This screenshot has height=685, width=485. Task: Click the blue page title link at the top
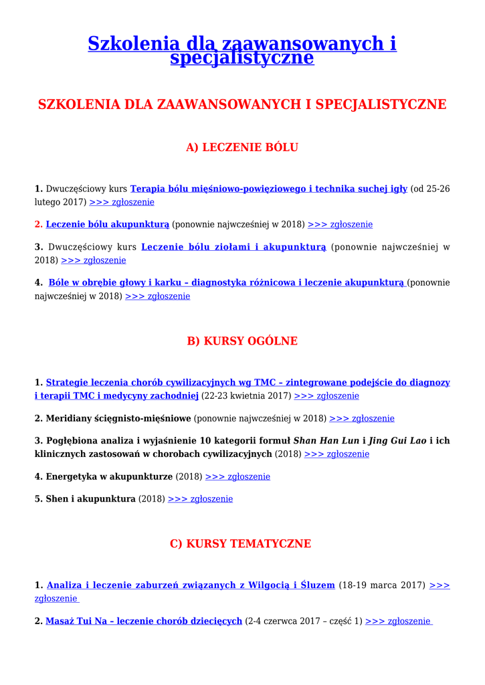242,50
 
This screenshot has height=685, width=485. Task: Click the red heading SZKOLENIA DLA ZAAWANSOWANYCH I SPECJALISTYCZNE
242,104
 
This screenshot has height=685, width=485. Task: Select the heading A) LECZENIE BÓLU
242,147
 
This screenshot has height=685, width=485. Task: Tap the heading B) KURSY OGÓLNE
242,341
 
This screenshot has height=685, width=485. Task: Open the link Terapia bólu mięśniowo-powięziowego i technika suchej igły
269,189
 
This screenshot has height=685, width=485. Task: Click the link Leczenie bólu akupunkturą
108,225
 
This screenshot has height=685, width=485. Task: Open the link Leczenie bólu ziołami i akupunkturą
233,248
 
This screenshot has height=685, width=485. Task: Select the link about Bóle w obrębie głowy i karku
227,283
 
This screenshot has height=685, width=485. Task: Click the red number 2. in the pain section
39,225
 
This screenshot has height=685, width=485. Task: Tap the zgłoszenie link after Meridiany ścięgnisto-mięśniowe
362,419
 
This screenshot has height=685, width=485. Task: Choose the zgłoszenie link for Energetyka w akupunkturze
237,477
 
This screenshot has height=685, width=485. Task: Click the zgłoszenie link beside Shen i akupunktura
200,499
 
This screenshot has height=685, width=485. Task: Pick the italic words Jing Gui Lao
398,441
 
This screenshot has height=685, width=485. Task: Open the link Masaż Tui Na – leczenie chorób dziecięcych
144,621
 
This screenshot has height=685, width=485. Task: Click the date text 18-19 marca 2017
382,585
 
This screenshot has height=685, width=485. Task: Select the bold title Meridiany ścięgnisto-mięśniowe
118,419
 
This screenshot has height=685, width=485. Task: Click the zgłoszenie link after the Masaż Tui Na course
399,621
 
